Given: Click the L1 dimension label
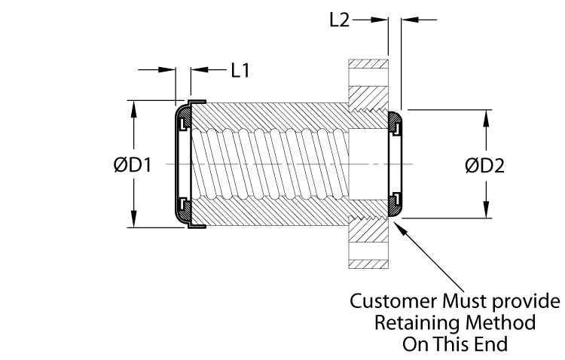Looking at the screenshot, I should point(240,70).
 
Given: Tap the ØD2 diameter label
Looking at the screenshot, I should point(484,165).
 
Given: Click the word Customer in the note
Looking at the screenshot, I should point(389,303).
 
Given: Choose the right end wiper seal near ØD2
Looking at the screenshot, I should point(396,165).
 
